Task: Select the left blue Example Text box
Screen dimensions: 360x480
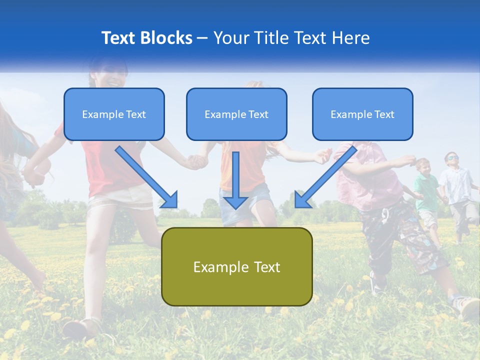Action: pyautogui.click(x=114, y=114)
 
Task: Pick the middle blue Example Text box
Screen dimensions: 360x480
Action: pyautogui.click(x=236, y=114)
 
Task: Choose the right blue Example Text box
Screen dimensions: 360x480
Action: pyautogui.click(x=362, y=114)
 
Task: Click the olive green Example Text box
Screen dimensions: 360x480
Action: pyautogui.click(x=236, y=266)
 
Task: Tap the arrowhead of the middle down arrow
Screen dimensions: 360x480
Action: pyautogui.click(x=235, y=202)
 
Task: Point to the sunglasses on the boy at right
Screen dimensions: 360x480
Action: pyautogui.click(x=451, y=158)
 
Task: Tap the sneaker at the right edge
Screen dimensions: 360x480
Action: pyautogui.click(x=467, y=306)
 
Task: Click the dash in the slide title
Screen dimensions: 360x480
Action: pyautogui.click(x=202, y=38)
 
